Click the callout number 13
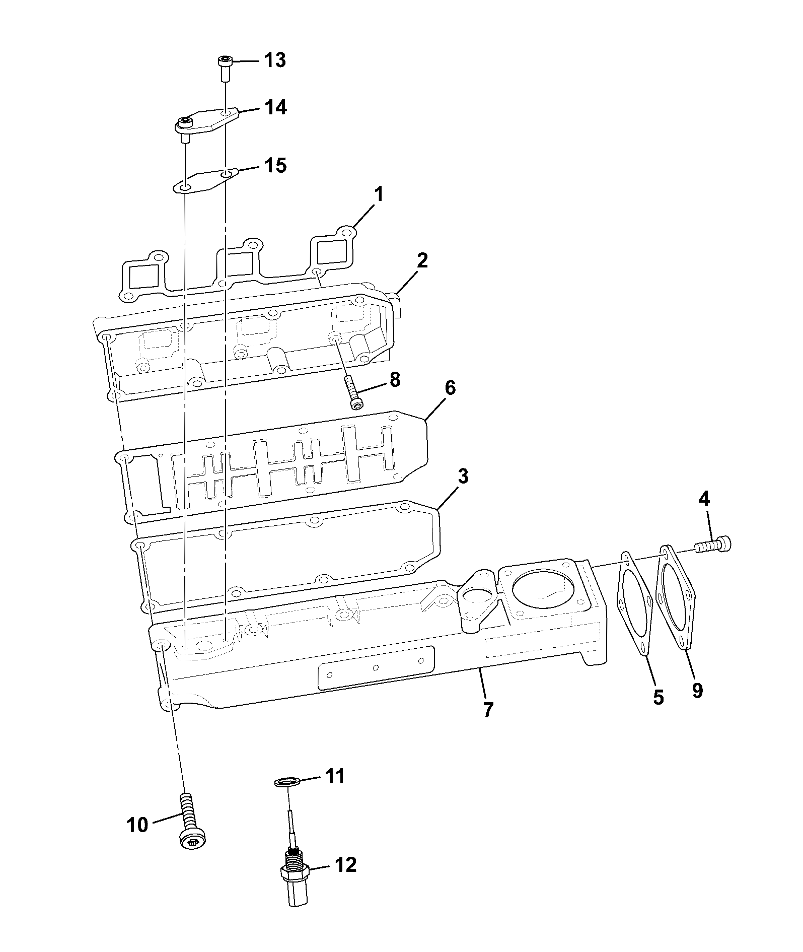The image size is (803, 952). click(275, 60)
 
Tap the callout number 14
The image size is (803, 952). click(275, 107)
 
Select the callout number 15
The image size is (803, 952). click(275, 165)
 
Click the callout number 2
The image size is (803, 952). click(422, 260)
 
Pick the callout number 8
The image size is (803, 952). click(394, 380)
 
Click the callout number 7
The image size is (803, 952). click(488, 710)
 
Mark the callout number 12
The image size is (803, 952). click(345, 865)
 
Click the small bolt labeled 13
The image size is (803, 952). click(225, 69)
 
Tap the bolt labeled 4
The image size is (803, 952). click(713, 545)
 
